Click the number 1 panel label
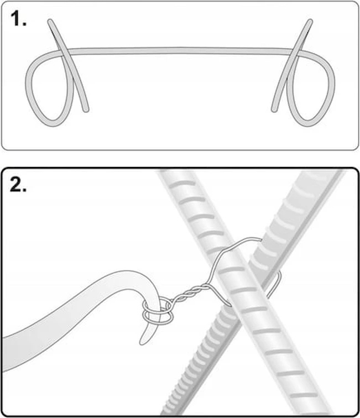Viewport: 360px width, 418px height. [18, 19]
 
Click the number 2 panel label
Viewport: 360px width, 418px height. [18, 185]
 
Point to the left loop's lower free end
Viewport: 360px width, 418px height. [86, 109]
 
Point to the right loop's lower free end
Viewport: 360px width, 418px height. [274, 109]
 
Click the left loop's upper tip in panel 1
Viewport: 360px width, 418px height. [50, 22]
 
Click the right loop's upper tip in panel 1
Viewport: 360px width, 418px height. [310, 22]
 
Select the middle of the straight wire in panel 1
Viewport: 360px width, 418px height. [180, 51]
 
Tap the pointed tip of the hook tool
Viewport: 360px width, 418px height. [142, 343]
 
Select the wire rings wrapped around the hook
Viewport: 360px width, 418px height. [158, 312]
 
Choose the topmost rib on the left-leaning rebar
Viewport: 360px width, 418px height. [182, 184]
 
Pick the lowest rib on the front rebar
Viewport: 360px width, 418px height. [304, 395]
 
